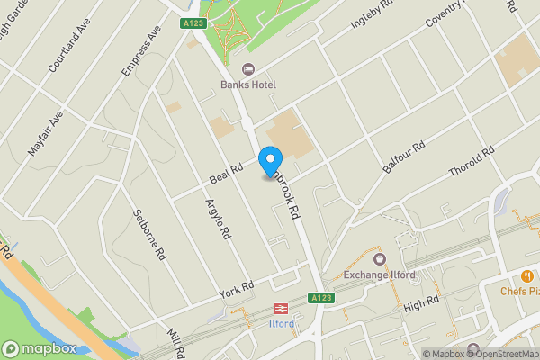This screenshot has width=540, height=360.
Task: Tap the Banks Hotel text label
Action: pyautogui.click(x=248, y=85)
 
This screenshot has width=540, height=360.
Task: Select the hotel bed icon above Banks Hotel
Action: pyautogui.click(x=248, y=69)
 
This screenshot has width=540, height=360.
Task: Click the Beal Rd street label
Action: pyautogui.click(x=225, y=169)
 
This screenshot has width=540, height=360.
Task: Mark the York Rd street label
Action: pyautogui.click(x=238, y=289)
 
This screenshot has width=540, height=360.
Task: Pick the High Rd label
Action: pyautogui.click(x=420, y=305)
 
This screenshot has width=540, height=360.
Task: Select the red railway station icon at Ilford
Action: pyautogui.click(x=280, y=306)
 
